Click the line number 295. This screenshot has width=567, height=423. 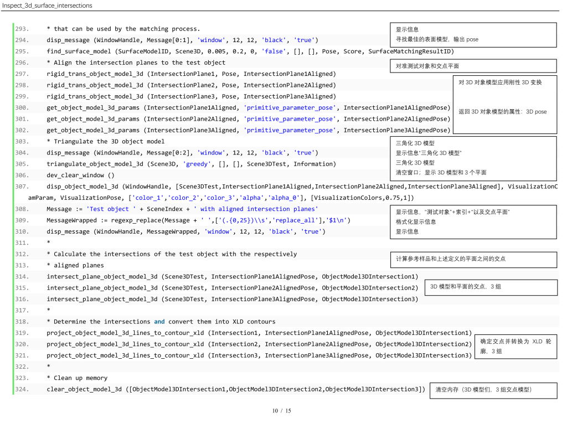coord(22,51)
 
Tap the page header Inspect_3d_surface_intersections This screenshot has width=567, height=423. coord(47,6)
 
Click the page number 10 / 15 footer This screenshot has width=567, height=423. coord(282,411)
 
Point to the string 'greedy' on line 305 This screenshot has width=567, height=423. coord(197,164)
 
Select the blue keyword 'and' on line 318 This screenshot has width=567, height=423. coord(159,322)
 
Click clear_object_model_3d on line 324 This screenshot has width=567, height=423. coord(84,389)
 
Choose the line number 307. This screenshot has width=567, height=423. coord(22,187)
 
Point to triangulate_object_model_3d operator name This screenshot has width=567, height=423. coord(95,164)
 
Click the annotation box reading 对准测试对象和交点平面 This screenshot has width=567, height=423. coord(473,66)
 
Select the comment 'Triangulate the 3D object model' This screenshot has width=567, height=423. coord(109,142)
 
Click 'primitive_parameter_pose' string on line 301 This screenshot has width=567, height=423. coord(290,119)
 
